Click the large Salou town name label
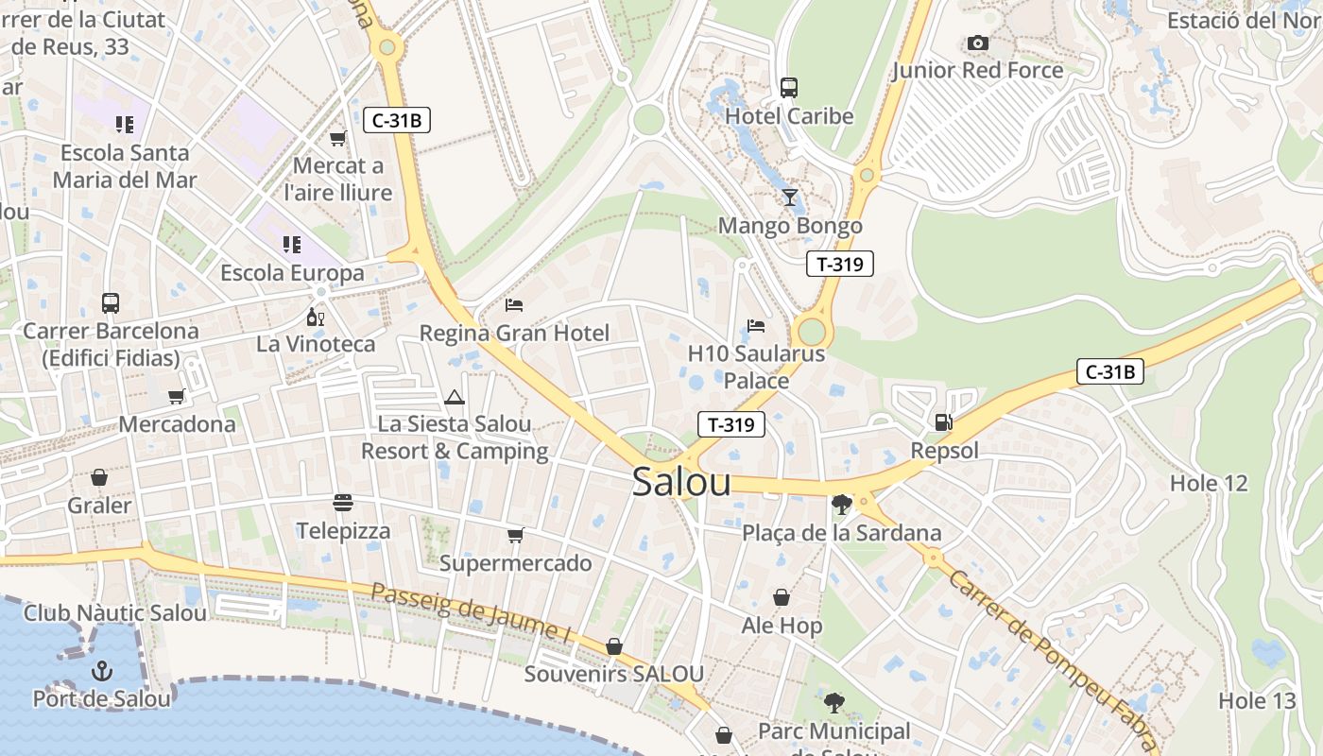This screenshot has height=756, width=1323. pyautogui.click(x=681, y=482)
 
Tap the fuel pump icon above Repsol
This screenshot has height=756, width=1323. pyautogui.click(x=942, y=422)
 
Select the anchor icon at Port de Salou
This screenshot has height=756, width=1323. pyautogui.click(x=101, y=671)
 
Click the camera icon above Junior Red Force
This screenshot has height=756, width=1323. pyautogui.click(x=978, y=43)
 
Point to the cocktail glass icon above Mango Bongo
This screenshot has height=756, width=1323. pyautogui.click(x=790, y=198)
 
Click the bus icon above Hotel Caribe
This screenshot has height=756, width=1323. pyautogui.click(x=789, y=88)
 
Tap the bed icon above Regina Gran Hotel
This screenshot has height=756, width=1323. pyautogui.click(x=514, y=304)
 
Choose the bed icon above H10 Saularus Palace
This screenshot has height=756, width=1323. pyautogui.click(x=756, y=326)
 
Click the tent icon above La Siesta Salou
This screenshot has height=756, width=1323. pyautogui.click(x=455, y=397)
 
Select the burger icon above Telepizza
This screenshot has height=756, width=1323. pyautogui.click(x=343, y=502)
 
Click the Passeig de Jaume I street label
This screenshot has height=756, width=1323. pyautogui.click(x=470, y=613)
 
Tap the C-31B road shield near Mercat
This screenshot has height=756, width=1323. pyautogui.click(x=397, y=120)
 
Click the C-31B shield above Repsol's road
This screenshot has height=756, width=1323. pyautogui.click(x=1110, y=371)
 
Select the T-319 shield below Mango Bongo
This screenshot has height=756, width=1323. pyautogui.click(x=839, y=265)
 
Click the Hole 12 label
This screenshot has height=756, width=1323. pyautogui.click(x=1209, y=483)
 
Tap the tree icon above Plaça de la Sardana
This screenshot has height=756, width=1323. pyautogui.click(x=841, y=505)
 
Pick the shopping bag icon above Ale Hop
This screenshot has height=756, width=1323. pyautogui.click(x=782, y=597)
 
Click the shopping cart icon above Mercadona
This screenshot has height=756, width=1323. pyautogui.click(x=176, y=396)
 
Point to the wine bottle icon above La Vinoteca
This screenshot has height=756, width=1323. pyautogui.click(x=316, y=317)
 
